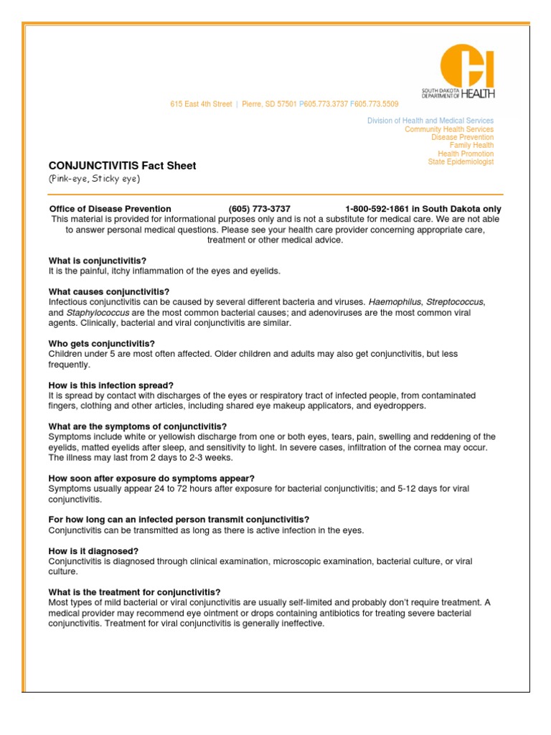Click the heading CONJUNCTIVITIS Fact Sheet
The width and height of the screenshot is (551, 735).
coord(122,166)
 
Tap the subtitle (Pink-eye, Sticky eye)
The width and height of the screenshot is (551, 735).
coord(94,179)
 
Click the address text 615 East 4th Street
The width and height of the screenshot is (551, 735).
coord(201,104)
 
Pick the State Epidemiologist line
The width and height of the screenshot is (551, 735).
coord(461,162)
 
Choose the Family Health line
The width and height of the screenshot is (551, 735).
coord(471,146)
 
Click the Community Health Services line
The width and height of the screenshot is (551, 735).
coord(449,129)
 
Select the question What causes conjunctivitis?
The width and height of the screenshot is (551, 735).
coord(109,291)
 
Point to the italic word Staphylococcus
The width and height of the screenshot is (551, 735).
coord(98,313)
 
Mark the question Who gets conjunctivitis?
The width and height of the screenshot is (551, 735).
coord(102,344)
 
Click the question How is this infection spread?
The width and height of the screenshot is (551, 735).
coord(111,385)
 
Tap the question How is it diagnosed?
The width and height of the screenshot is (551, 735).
coord(93,551)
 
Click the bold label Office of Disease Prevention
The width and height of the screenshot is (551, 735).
coord(110,209)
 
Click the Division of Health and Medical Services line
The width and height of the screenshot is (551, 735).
coord(430,121)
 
